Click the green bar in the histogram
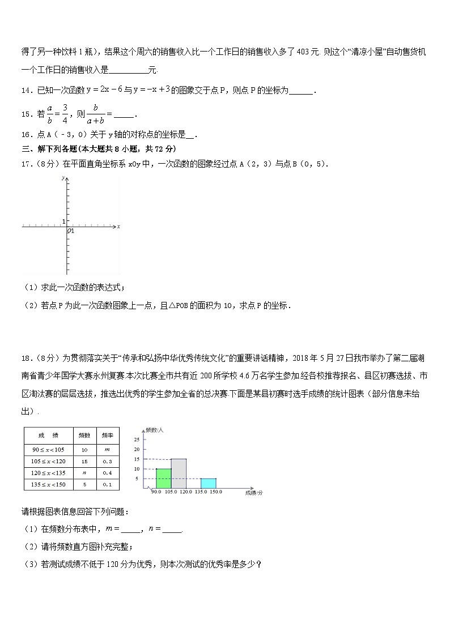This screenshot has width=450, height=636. pos(163,478)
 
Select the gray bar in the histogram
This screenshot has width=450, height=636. pos(179,473)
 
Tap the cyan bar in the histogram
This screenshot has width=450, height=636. pos(209,483)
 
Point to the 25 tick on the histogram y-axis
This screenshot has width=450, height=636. pos(137,439)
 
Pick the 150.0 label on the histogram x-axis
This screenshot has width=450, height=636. pos(216,492)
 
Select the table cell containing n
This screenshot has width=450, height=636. pos(84,472)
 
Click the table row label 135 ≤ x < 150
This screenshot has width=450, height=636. pos(48,484)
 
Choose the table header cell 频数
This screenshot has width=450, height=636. pos(84,435)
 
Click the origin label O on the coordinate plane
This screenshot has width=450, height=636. pos(69,231)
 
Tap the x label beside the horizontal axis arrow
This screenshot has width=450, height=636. pos(118,227)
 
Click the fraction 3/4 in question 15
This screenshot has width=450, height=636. pos(65,113)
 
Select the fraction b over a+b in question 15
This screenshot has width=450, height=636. pos(96,114)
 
